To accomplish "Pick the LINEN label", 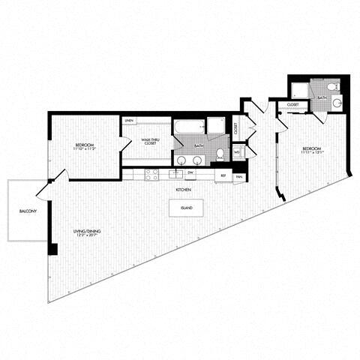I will coord(130,120).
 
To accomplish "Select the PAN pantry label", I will coord(238,176).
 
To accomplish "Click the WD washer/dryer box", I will coord(237,153).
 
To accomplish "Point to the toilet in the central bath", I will coord(220,153).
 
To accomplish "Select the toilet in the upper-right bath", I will coord(337,103).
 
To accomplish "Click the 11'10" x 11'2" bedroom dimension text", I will coord(83,148).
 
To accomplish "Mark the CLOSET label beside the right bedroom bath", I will coord(294,105).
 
